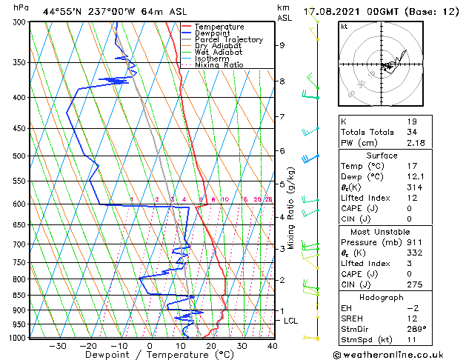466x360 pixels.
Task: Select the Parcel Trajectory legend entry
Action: pos(228,40)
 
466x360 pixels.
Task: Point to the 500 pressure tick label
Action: pos(20,156)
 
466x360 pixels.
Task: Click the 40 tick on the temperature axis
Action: pos(272,346)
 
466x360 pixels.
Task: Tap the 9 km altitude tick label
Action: pos(282,45)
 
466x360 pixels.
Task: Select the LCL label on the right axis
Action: pos(290,320)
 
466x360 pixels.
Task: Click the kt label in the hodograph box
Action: pos(344,26)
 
